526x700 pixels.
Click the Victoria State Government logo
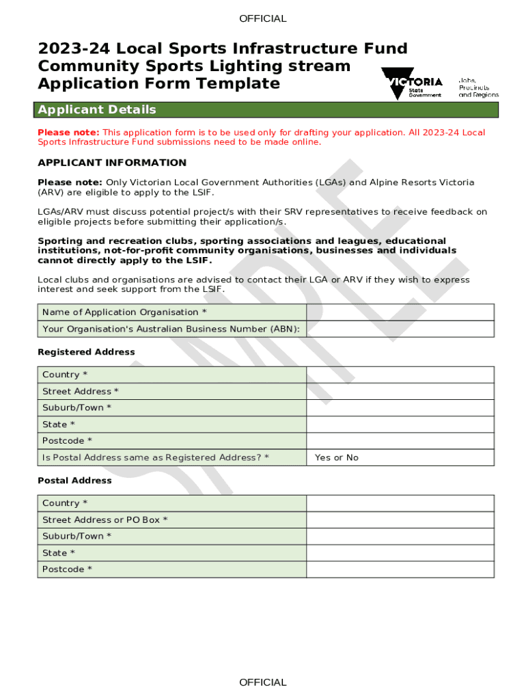412,84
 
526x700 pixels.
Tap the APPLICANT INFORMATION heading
112,163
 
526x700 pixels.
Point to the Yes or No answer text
336,457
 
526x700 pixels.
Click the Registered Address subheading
86,352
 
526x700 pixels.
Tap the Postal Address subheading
74,481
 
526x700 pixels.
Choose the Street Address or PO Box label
105,520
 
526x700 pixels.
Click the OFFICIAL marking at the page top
263,18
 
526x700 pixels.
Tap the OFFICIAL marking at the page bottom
263,682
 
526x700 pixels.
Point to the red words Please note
68,132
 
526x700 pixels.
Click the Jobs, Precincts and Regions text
478,87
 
